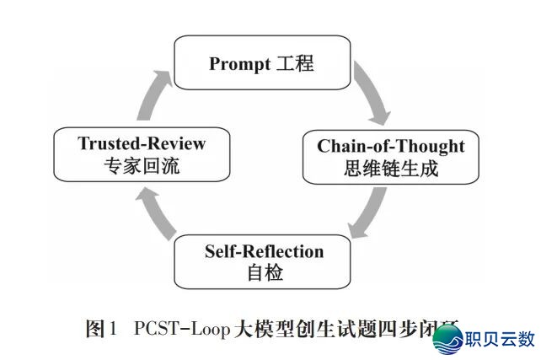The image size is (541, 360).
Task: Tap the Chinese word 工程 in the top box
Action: [294, 63]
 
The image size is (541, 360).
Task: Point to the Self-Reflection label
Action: [264, 251]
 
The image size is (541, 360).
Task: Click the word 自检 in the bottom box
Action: [264, 273]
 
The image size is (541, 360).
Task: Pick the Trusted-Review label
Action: [142, 142]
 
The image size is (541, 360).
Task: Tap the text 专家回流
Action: [142, 166]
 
